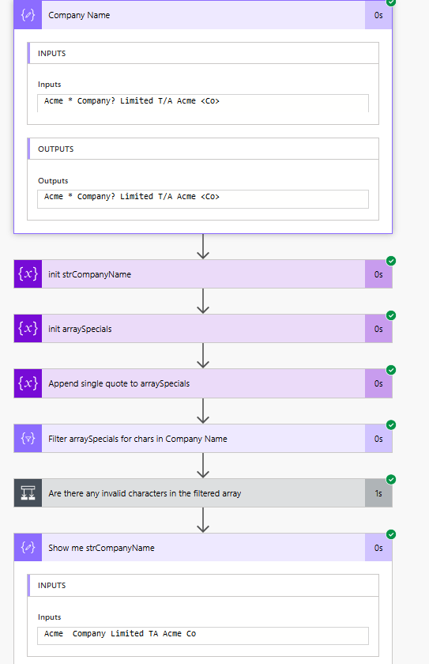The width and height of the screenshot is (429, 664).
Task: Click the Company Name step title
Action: click(x=79, y=15)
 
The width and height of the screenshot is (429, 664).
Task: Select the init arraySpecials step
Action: click(x=80, y=329)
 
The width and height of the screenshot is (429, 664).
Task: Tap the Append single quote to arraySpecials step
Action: click(x=119, y=383)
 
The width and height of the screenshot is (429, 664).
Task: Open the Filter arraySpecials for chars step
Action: click(x=137, y=439)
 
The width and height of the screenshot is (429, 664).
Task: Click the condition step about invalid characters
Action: click(x=145, y=493)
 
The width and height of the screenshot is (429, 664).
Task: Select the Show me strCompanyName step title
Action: click(x=101, y=548)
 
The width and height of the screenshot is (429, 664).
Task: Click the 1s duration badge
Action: click(x=378, y=493)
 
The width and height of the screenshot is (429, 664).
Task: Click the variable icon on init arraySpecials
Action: click(x=28, y=329)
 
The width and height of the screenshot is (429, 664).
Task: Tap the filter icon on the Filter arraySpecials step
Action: click(x=28, y=439)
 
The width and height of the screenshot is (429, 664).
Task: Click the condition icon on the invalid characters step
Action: click(x=28, y=493)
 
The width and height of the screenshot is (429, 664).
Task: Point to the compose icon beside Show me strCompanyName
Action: click(x=28, y=548)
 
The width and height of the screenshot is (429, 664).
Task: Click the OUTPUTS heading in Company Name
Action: click(x=56, y=149)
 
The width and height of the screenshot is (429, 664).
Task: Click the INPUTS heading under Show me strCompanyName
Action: click(x=52, y=586)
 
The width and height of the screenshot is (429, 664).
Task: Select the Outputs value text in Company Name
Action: click(x=132, y=197)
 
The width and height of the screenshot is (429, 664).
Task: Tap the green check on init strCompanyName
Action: click(x=391, y=261)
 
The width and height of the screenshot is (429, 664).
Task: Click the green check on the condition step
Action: click(x=391, y=480)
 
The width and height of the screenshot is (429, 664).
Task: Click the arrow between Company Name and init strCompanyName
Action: click(x=203, y=246)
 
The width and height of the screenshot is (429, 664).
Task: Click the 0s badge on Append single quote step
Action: click(x=378, y=383)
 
